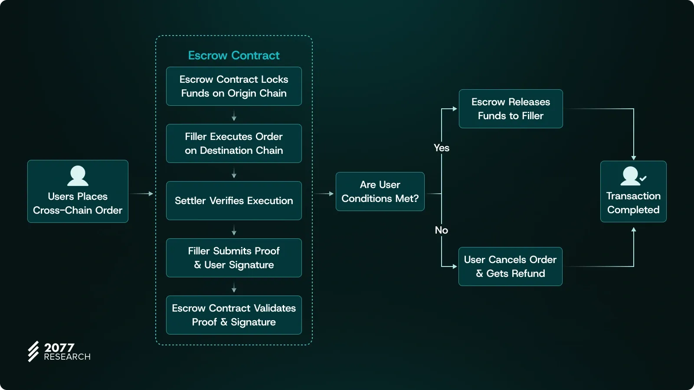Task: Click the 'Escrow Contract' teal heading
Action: [x=234, y=55]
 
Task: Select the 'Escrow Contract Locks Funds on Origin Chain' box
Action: [x=234, y=86]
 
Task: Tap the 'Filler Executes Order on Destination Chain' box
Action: [x=234, y=143]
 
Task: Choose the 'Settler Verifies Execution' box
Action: [x=234, y=201]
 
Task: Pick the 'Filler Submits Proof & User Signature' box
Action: [x=234, y=258]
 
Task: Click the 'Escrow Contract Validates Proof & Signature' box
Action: [x=234, y=315]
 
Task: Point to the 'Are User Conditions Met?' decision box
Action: [x=380, y=192]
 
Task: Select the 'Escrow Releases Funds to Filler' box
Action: [x=511, y=109]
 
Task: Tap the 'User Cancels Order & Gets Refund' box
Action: [x=510, y=266]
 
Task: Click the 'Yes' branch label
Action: [x=442, y=148]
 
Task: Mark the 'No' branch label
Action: [x=442, y=230]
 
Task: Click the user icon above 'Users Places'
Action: [x=78, y=176]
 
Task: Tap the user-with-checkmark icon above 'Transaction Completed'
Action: [x=633, y=176]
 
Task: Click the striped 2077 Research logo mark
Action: [x=33, y=351]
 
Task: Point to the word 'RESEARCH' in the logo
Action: [x=67, y=357]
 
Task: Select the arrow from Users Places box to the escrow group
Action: [x=142, y=194]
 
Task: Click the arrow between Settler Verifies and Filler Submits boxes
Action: [x=234, y=230]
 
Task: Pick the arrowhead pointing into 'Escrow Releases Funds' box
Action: [x=455, y=109]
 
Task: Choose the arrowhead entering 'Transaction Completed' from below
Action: [x=634, y=230]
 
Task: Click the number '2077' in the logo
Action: [x=59, y=348]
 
